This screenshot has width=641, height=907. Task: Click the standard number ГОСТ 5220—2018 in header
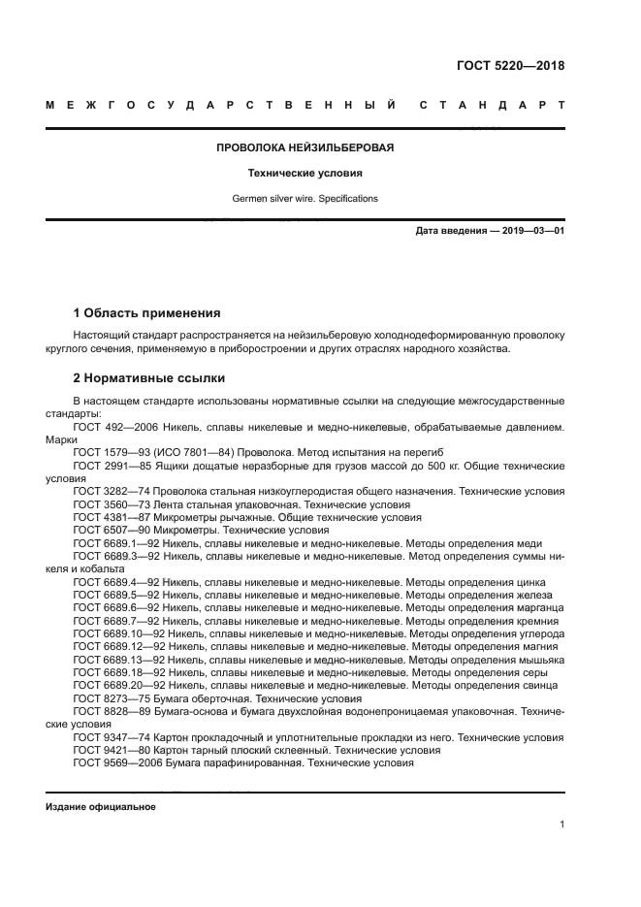(x=510, y=67)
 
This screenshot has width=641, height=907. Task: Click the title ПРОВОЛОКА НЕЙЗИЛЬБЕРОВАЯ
(x=304, y=148)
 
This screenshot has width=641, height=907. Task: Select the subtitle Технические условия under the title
(x=304, y=174)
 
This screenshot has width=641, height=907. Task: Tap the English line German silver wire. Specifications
(x=304, y=198)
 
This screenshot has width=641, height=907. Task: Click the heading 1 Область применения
(x=146, y=313)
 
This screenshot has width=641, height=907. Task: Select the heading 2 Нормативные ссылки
(x=148, y=378)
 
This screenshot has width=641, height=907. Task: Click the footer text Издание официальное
(x=100, y=807)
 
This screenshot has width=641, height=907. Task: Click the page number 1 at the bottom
(x=561, y=825)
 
